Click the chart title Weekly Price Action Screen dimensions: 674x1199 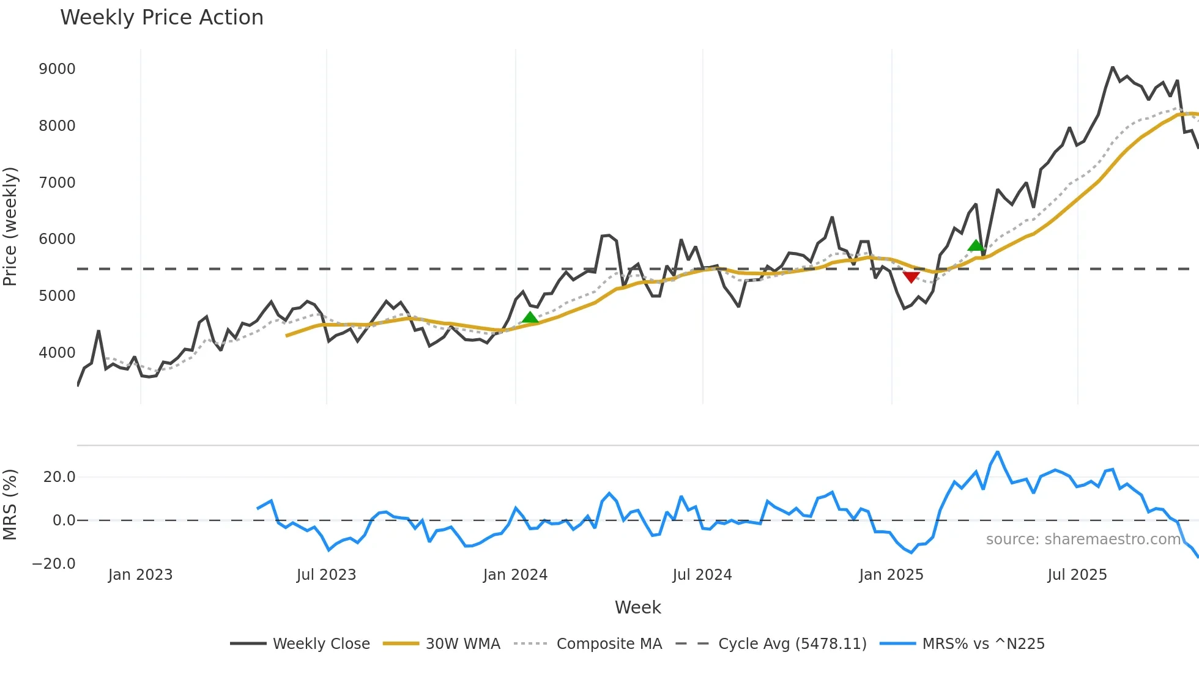[x=161, y=18]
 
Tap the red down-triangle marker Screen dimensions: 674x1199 [x=911, y=277]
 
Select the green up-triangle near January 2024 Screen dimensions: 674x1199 [x=530, y=317]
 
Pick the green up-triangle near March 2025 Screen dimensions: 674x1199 [x=976, y=246]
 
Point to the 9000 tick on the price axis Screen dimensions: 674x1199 [x=57, y=69]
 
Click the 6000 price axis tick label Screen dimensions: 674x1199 [x=57, y=239]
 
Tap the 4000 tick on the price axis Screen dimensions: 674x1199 [x=57, y=353]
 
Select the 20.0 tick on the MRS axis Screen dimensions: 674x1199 [x=59, y=477]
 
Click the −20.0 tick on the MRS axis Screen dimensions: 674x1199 [x=54, y=564]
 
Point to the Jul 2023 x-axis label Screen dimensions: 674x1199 [x=326, y=575]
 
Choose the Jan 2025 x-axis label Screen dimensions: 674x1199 [x=891, y=575]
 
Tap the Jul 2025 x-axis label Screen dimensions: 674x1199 [x=1077, y=575]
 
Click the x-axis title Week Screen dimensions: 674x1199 [x=637, y=607]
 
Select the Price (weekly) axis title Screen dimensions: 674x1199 [x=10, y=226]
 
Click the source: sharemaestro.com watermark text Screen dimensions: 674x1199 [x=1083, y=539]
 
